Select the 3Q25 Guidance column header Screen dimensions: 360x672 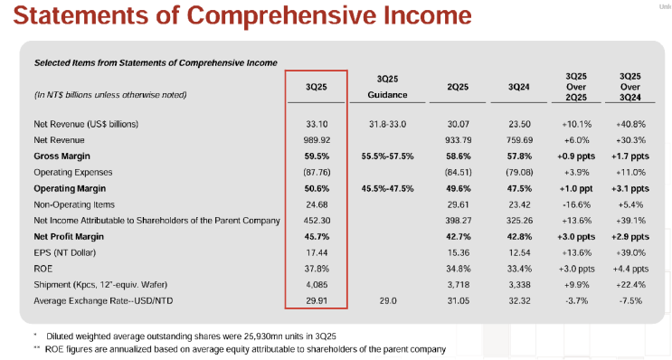click(389, 86)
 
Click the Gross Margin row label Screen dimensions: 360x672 click(65, 156)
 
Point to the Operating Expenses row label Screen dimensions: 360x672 click(73, 171)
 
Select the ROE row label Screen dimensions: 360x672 click(43, 268)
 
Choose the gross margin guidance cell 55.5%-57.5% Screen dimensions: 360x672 click(388, 156)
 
